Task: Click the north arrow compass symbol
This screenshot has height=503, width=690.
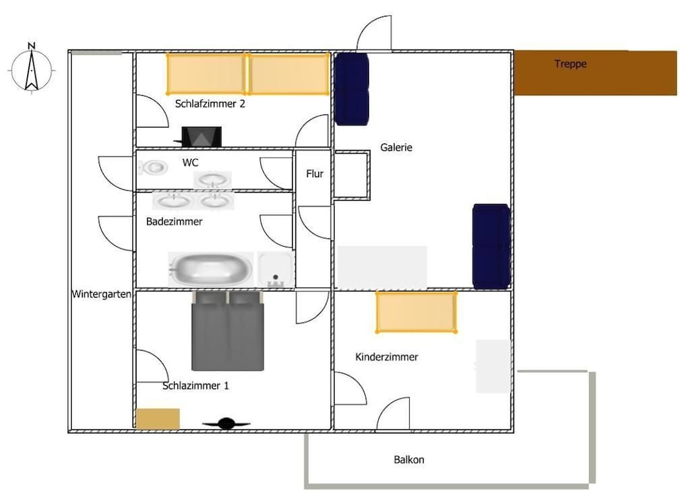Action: point(31,67)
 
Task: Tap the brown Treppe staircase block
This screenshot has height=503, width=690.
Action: point(595,72)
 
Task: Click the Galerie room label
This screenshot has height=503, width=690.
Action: point(396,147)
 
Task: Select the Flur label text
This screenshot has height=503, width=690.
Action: point(315,174)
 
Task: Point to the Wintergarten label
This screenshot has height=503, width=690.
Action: point(101,294)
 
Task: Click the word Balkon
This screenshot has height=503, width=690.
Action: point(409,460)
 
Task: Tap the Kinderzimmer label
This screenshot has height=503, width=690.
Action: point(386,357)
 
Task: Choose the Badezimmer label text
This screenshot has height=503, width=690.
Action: point(174,222)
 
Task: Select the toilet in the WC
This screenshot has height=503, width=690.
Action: point(153,167)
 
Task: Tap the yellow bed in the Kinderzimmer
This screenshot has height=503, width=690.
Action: point(416,312)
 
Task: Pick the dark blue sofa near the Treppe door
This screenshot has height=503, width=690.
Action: point(352,88)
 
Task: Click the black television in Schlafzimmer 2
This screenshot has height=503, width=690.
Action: point(201,136)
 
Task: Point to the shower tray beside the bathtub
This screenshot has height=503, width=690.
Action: point(275,269)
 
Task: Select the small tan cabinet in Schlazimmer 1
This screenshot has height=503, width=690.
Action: point(157,419)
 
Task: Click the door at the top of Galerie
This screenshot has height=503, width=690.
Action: point(374,36)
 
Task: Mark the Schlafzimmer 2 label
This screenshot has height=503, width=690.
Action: point(210,104)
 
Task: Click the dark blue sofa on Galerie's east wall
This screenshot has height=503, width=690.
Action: point(491,245)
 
